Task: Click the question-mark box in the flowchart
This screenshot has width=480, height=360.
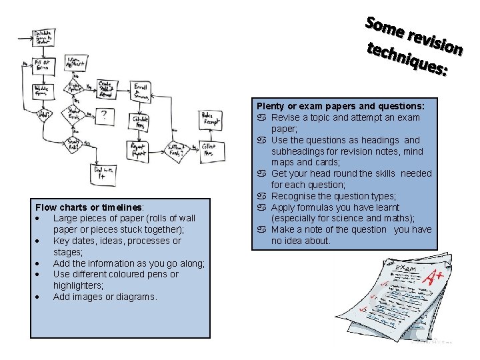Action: tap(105, 117)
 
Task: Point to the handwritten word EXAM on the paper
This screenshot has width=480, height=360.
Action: tap(405, 269)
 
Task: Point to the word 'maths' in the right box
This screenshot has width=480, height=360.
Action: tap(397, 219)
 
